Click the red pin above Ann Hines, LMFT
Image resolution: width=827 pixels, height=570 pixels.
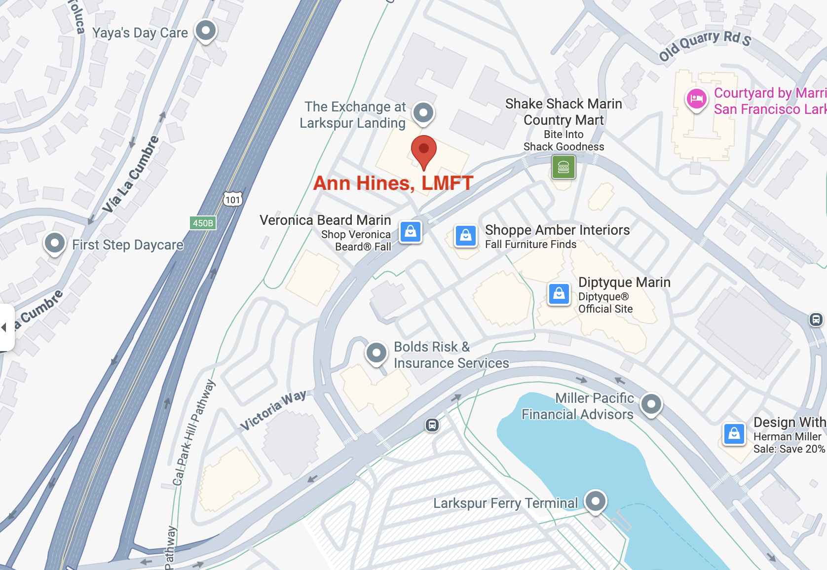pyautogui.click(x=423, y=149)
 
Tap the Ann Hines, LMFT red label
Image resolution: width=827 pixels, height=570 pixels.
pyautogui.click(x=393, y=183)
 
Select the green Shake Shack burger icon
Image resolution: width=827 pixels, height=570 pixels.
pyautogui.click(x=564, y=167)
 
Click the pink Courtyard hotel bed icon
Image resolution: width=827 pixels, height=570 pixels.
pyautogui.click(x=696, y=99)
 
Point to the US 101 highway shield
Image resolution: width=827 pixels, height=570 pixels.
pyautogui.click(x=233, y=199)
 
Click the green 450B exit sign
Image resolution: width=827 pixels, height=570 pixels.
pyautogui.click(x=203, y=223)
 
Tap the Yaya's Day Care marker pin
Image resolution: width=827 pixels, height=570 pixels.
pyautogui.click(x=206, y=31)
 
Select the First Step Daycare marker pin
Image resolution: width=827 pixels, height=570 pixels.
pyautogui.click(x=55, y=243)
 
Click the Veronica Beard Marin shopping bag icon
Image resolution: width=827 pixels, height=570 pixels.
pyautogui.click(x=411, y=231)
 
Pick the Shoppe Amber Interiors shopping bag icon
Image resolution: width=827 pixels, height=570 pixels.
pyautogui.click(x=466, y=236)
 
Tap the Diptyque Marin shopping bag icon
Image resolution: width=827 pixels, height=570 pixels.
pyautogui.click(x=559, y=294)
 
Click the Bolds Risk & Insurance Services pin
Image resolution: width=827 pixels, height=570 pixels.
pyautogui.click(x=376, y=353)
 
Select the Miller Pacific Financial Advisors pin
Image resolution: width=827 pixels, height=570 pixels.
pyautogui.click(x=651, y=404)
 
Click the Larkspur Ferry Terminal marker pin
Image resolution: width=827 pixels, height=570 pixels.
pyautogui.click(x=596, y=501)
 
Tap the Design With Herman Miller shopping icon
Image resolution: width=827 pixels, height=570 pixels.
pyautogui.click(x=734, y=434)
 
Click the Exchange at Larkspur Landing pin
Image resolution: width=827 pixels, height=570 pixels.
pyautogui.click(x=423, y=113)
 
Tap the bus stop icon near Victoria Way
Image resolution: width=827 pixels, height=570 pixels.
pyautogui.click(x=432, y=425)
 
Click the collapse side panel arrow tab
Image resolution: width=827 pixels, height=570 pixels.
pyautogui.click(x=5, y=327)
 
